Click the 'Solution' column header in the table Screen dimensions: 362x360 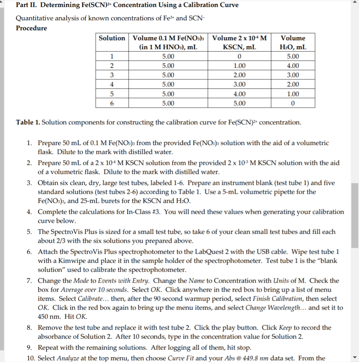112,38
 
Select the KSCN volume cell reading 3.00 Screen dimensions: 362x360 239,84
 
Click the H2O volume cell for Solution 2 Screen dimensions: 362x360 293,66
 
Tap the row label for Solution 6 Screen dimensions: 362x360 112,103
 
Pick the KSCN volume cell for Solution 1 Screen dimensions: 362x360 239,57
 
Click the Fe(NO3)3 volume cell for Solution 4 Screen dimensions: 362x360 168,84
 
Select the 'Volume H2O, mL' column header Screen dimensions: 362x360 293,42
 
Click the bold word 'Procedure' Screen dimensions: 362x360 32,28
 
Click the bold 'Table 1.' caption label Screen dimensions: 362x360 28,122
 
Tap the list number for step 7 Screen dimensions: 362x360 30,281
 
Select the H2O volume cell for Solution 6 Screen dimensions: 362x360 293,103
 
